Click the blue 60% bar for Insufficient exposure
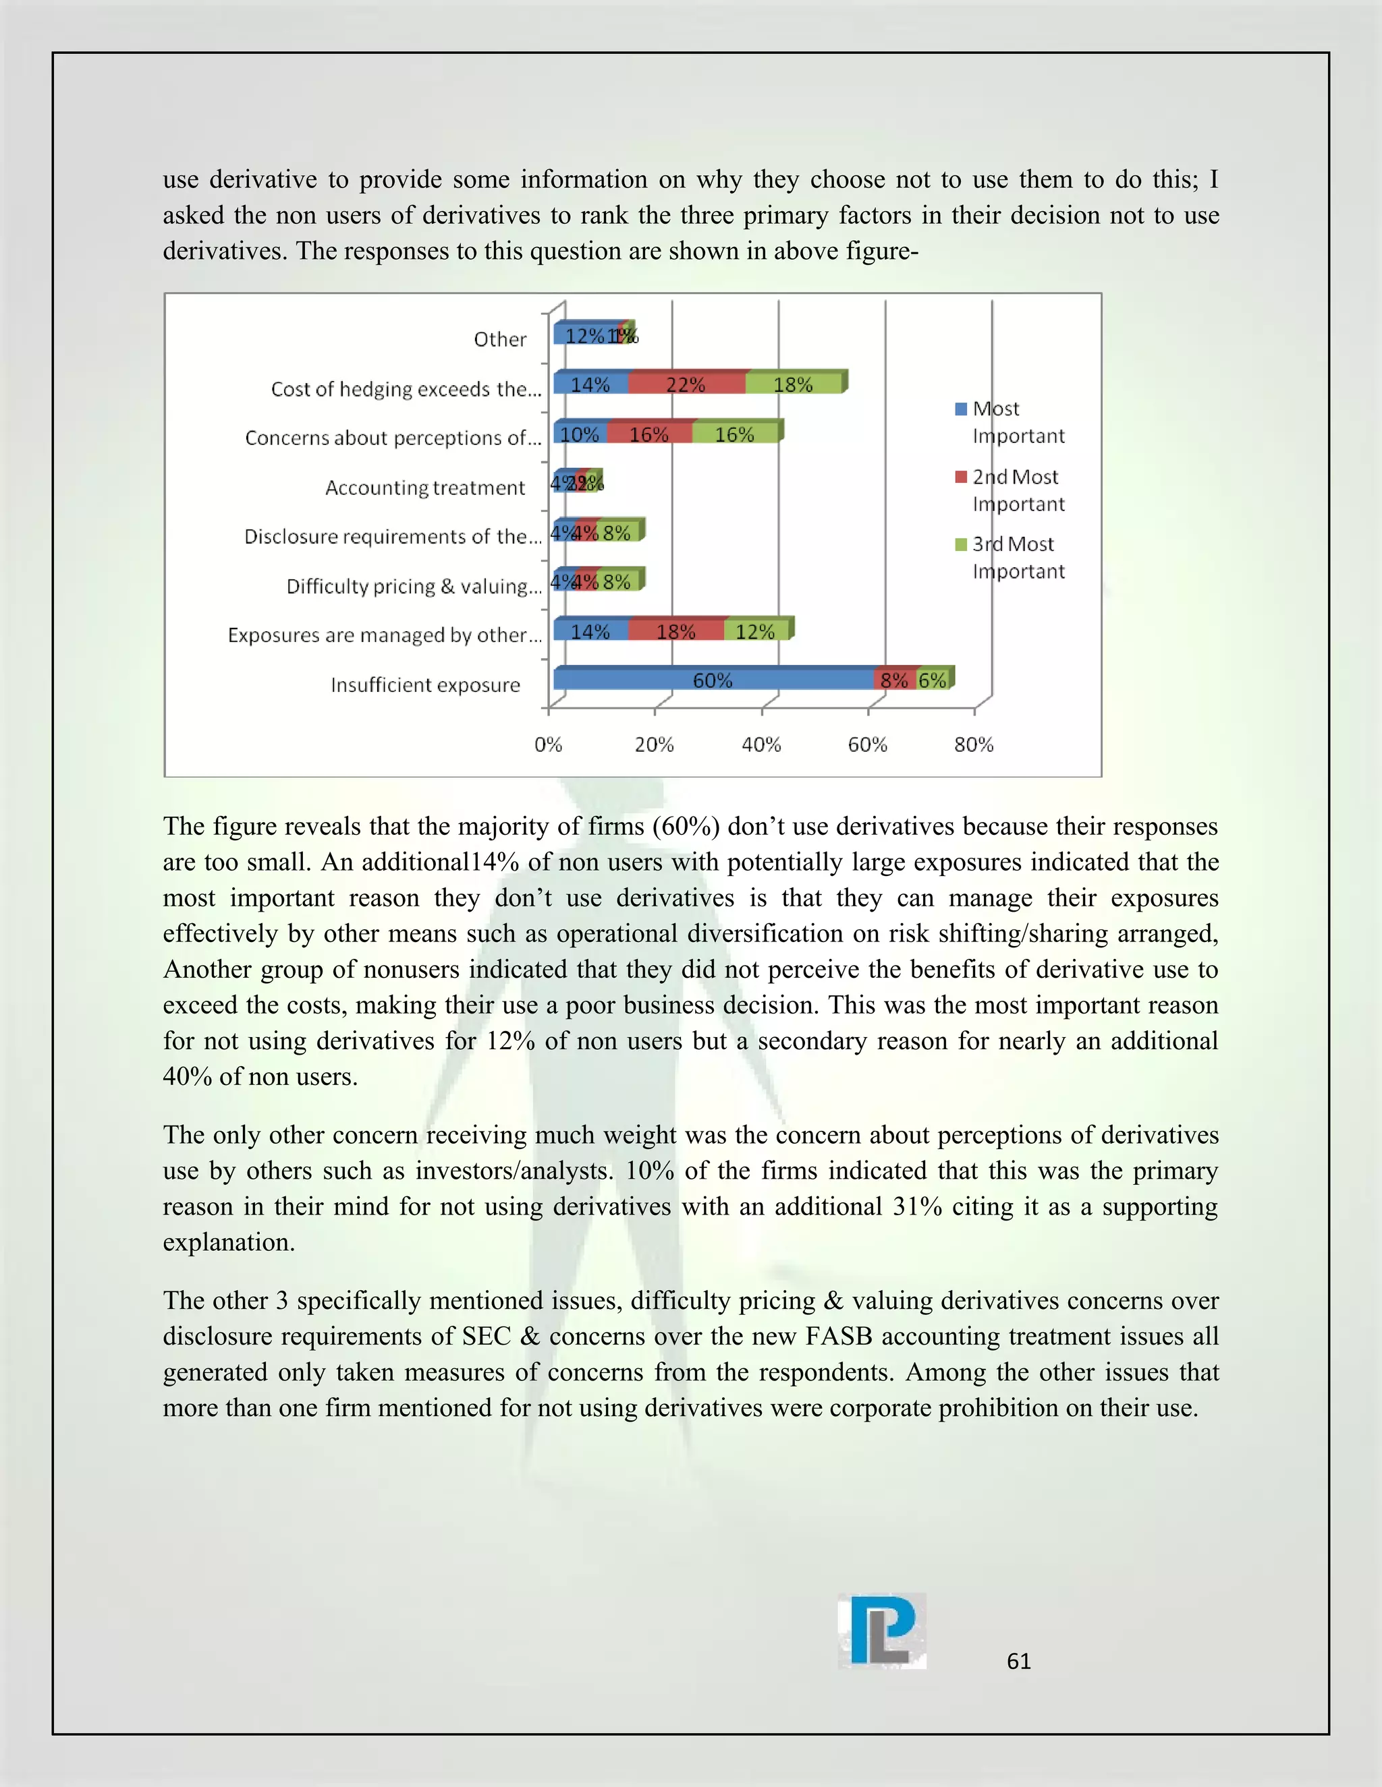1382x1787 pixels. pyautogui.click(x=713, y=679)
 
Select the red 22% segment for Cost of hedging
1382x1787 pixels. pyautogui.click(x=686, y=384)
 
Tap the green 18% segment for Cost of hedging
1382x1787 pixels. pyautogui.click(x=792, y=384)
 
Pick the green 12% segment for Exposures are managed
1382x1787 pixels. pyautogui.click(x=755, y=631)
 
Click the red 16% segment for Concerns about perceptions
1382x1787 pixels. pyautogui.click(x=649, y=434)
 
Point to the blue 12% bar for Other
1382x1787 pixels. pyautogui.click(x=584, y=334)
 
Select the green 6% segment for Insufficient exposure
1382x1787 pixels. pyautogui.click(x=933, y=679)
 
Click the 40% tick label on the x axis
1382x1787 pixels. pyautogui.click(x=761, y=744)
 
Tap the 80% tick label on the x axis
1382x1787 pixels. pyautogui.click(x=974, y=744)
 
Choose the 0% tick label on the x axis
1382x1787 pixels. pyautogui.click(x=548, y=744)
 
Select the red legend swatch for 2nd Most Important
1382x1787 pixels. pyautogui.click(x=961, y=477)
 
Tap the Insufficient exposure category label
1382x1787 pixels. pyautogui.click(x=425, y=685)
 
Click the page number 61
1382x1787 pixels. pyautogui.click(x=1018, y=1661)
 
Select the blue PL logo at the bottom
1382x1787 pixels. pyautogui.click(x=882, y=1631)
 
